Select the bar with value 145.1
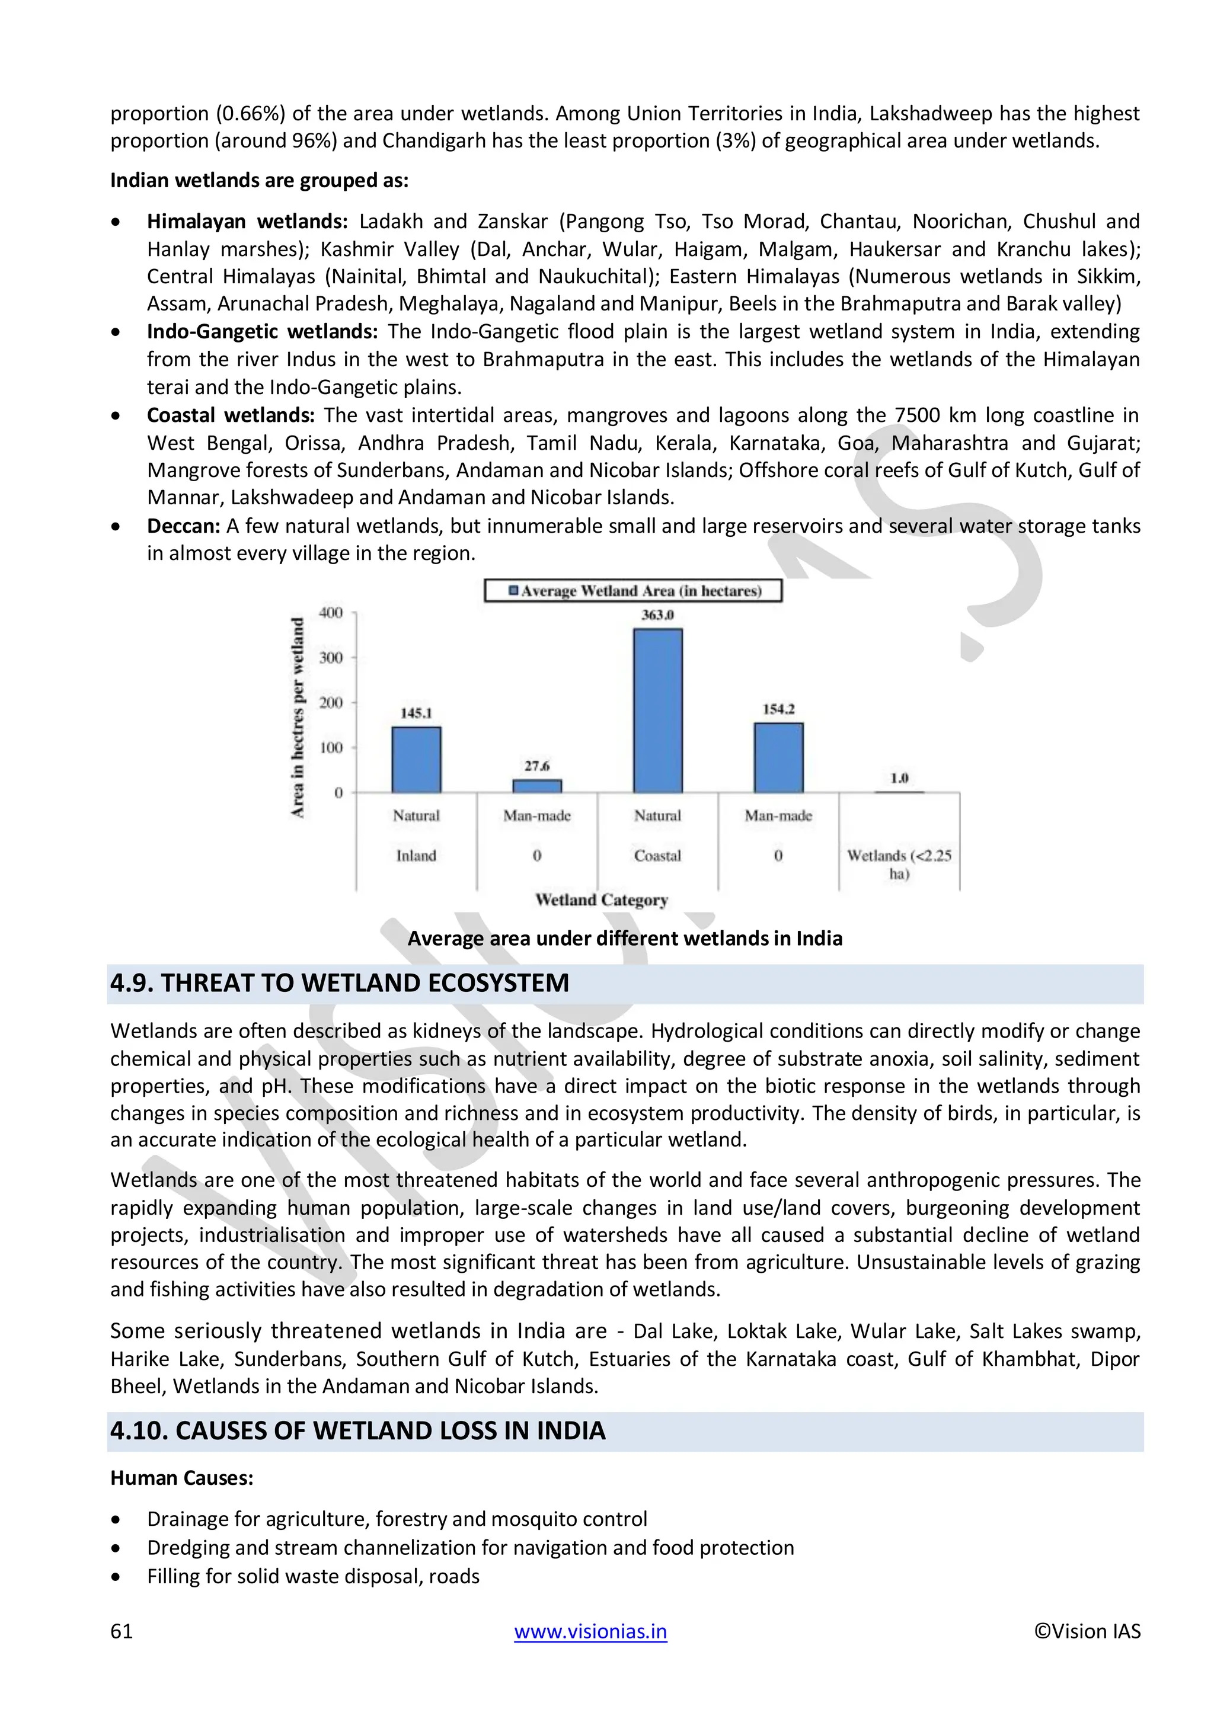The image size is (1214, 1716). [416, 760]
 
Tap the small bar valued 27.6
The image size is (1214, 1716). [536, 786]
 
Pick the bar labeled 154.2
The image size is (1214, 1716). [778, 757]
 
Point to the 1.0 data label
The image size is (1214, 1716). [899, 778]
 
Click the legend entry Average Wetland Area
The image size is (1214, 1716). [633, 590]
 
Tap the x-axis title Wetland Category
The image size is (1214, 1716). [601, 900]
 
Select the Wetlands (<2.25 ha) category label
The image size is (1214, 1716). [899, 864]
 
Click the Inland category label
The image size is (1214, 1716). [416, 856]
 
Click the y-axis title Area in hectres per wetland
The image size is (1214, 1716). [298, 718]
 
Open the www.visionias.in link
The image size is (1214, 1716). [590, 1631]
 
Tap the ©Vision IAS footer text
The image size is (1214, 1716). [1087, 1631]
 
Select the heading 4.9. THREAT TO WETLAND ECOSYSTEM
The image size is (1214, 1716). [340, 983]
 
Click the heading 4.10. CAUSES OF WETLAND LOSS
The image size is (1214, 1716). [357, 1430]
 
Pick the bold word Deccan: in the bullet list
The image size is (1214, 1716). [183, 526]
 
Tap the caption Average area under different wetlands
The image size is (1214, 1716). [624, 938]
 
